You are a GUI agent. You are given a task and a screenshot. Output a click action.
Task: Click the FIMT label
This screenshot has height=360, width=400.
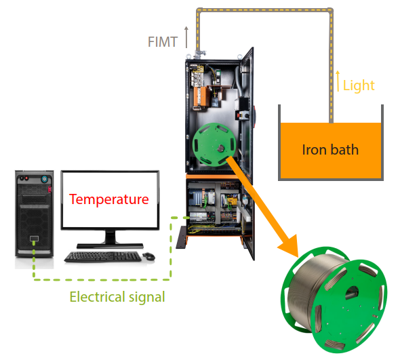coord(163,41)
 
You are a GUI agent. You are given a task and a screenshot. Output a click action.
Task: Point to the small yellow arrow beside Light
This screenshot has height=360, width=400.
coord(338,81)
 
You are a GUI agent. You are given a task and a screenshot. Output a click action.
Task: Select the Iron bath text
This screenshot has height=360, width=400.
coord(329,149)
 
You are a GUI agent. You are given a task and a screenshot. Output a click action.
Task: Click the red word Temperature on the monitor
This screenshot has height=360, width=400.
coord(109,199)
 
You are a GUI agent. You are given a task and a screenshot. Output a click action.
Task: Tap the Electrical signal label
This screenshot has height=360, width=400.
coord(117,296)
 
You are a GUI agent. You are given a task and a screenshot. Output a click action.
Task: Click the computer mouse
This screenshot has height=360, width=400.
coord(148,256)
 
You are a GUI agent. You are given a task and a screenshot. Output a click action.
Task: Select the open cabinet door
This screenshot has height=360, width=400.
coord(247,108)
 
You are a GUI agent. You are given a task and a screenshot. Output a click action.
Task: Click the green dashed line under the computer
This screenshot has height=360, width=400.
coord(102,279)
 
